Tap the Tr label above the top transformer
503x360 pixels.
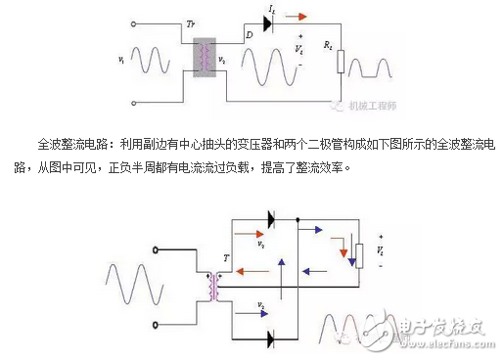[x=192, y=24]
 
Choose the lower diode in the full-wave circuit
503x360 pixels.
[x=269, y=338]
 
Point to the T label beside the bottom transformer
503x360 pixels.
[x=226, y=258]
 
